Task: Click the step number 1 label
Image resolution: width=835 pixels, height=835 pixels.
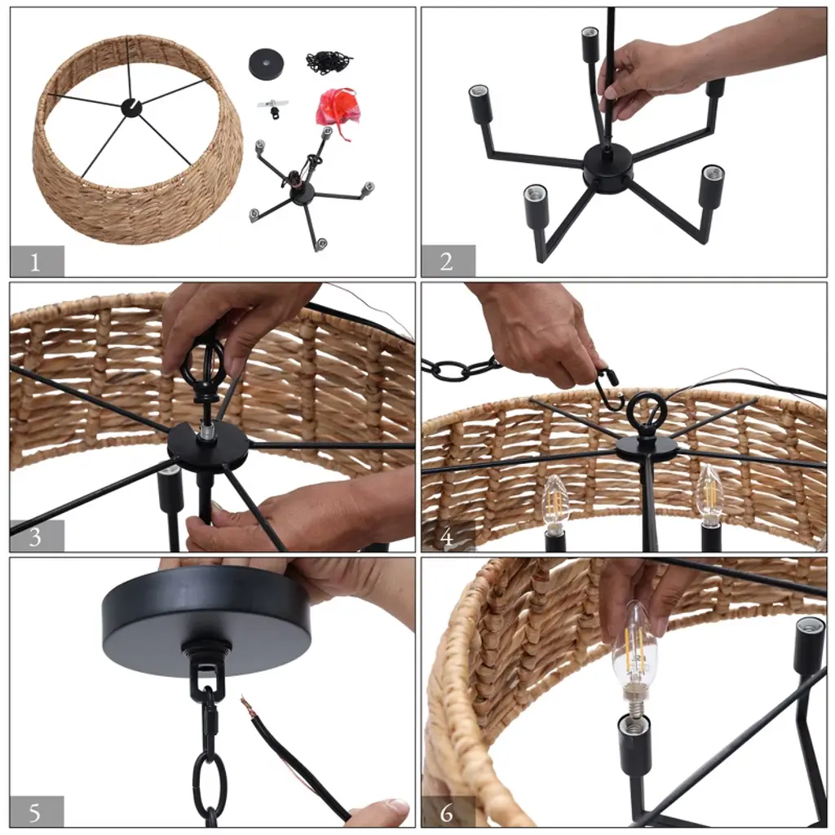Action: (x=35, y=262)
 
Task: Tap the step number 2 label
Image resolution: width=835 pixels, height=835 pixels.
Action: (x=446, y=262)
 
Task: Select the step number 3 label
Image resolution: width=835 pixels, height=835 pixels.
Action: (x=35, y=537)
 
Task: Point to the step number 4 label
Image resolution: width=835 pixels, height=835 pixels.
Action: (x=447, y=537)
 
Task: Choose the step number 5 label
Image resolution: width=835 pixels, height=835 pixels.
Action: (x=34, y=813)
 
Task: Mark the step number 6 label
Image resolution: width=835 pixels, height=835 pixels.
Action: (x=447, y=813)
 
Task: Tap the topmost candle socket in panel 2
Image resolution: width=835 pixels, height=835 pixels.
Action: (x=589, y=42)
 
